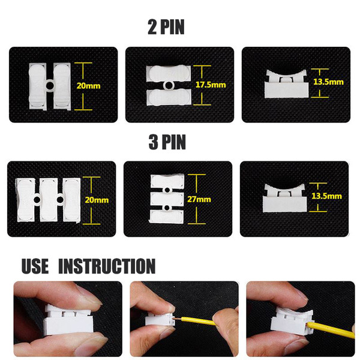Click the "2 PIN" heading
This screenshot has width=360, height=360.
[x=166, y=27]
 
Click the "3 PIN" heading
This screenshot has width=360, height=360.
[x=167, y=142]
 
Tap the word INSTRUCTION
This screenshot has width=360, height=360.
[x=107, y=266]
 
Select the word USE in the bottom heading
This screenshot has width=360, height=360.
[x=35, y=266]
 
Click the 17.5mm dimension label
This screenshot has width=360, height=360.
[x=211, y=85]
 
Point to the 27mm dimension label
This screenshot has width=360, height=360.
[x=199, y=199]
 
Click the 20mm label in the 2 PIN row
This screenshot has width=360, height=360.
[x=88, y=86]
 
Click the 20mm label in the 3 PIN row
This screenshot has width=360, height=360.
[x=97, y=200]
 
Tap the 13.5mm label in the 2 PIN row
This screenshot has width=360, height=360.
[x=328, y=82]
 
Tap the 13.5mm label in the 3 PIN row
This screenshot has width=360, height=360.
[x=326, y=196]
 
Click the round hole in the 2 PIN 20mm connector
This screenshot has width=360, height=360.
[x=50, y=86]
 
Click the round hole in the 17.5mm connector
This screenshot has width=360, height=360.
[x=169, y=85]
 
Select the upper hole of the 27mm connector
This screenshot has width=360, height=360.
[x=167, y=190]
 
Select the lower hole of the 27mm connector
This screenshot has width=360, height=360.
[x=167, y=208]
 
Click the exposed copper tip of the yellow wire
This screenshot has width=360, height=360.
[x=178, y=319]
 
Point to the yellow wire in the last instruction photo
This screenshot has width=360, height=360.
[x=331, y=329]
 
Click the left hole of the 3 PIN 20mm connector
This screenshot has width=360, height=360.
[x=37, y=200]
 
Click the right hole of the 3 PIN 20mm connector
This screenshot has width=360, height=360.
[x=60, y=200]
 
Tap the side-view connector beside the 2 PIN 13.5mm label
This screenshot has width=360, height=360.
[x=286, y=84]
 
